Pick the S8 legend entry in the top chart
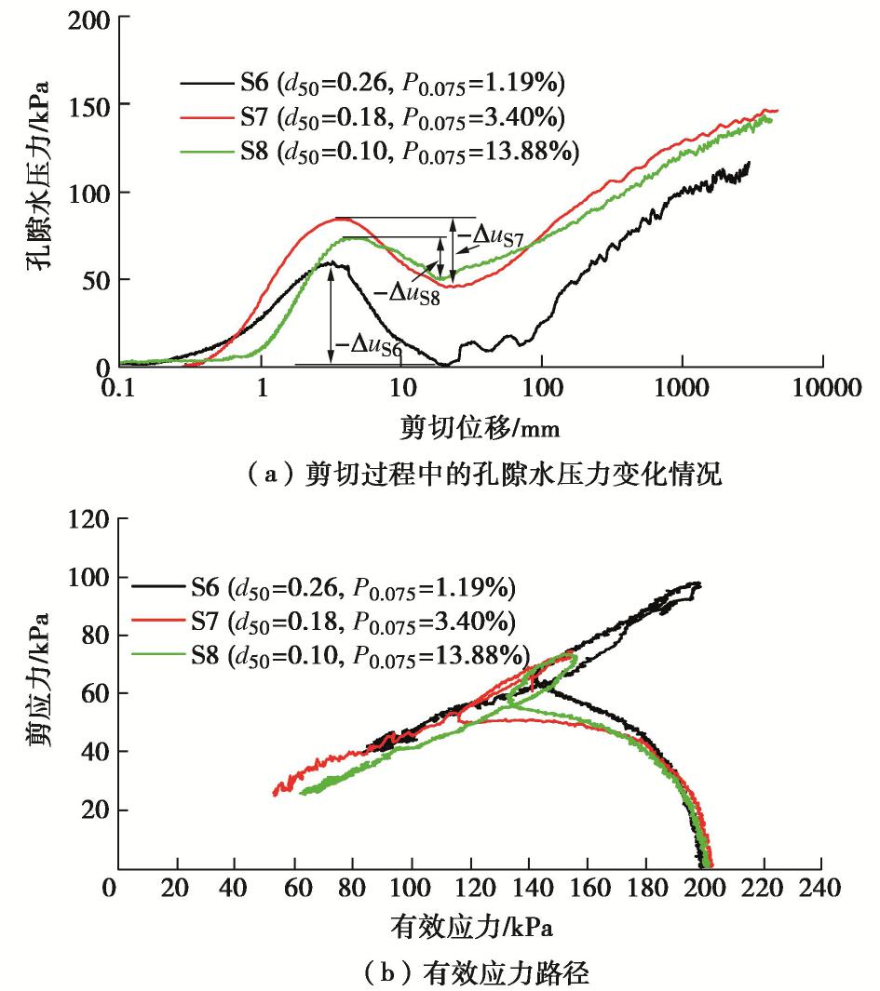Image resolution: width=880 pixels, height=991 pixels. (382, 152)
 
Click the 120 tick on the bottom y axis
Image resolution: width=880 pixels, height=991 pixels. (88, 519)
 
